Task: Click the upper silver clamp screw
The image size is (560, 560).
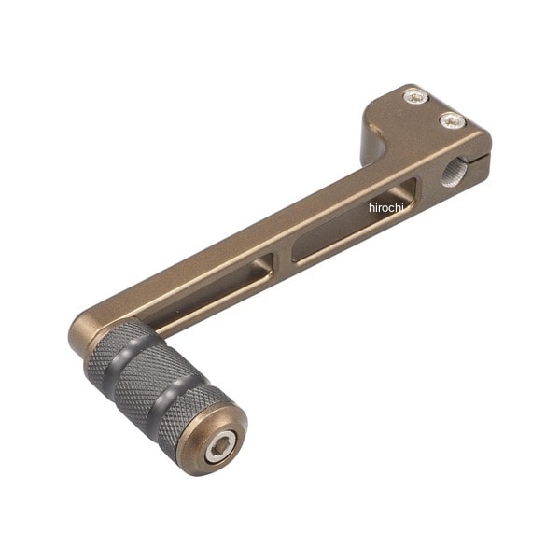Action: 415,96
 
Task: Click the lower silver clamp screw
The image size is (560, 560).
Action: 453,120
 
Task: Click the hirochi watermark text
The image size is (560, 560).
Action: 386,207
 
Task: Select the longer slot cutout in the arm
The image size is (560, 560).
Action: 354,221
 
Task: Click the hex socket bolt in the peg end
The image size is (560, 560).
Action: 219,447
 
